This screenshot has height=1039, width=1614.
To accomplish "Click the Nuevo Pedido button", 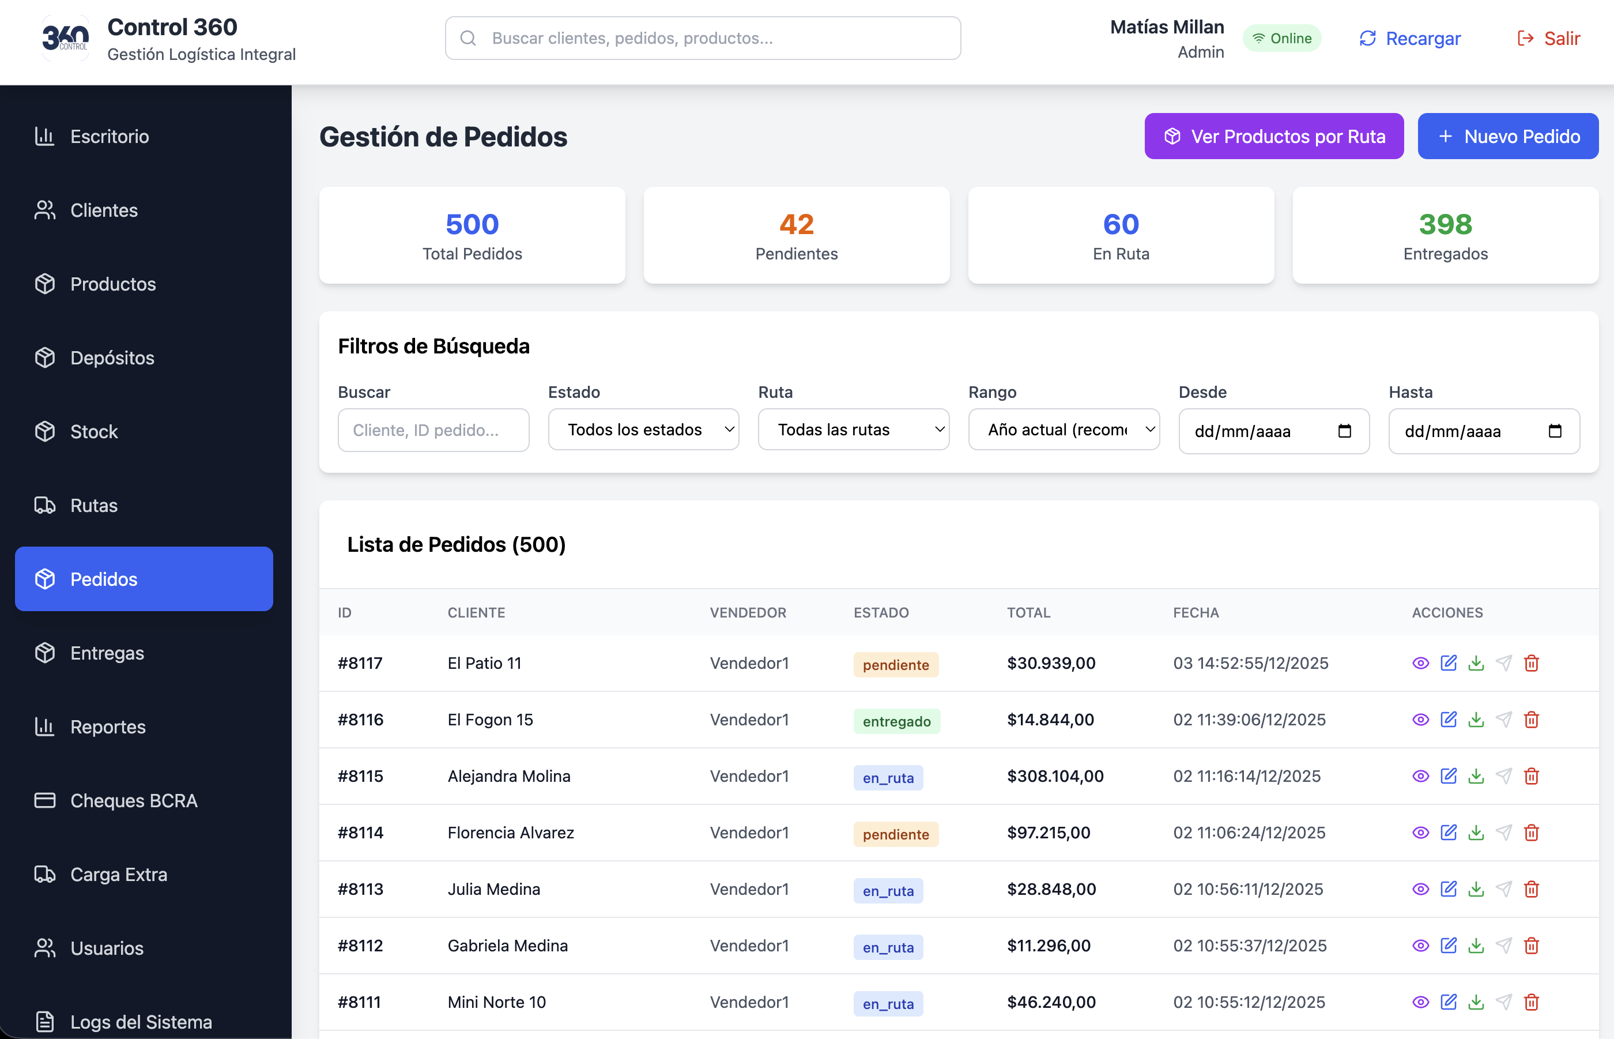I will click(x=1507, y=136).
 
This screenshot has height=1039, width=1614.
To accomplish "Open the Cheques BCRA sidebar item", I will click(x=134, y=801).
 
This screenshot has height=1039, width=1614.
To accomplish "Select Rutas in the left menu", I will click(x=94, y=505).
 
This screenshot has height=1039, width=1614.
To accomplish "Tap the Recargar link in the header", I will click(x=1409, y=39).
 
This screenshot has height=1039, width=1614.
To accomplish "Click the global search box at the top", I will click(x=703, y=39).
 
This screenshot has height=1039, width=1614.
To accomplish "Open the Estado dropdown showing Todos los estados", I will click(x=643, y=430).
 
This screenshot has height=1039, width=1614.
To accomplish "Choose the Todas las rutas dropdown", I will click(x=853, y=430).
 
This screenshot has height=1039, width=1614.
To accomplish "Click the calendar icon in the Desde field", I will click(x=1344, y=431).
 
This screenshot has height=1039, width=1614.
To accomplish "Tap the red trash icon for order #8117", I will click(x=1531, y=663).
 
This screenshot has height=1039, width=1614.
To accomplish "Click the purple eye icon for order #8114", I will click(x=1420, y=833).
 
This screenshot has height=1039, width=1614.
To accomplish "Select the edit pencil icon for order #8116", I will click(x=1448, y=720).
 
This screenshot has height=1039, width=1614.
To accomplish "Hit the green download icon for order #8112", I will click(x=1476, y=946).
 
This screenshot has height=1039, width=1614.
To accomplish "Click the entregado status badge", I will click(x=896, y=721).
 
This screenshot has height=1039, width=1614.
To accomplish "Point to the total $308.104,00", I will click(x=1055, y=777).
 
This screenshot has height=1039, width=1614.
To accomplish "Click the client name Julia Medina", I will click(x=493, y=889).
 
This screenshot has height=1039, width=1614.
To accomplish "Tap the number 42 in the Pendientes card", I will click(x=797, y=224).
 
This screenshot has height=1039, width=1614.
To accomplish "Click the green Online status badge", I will click(x=1281, y=39).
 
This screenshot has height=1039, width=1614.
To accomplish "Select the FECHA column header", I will click(x=1196, y=612).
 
